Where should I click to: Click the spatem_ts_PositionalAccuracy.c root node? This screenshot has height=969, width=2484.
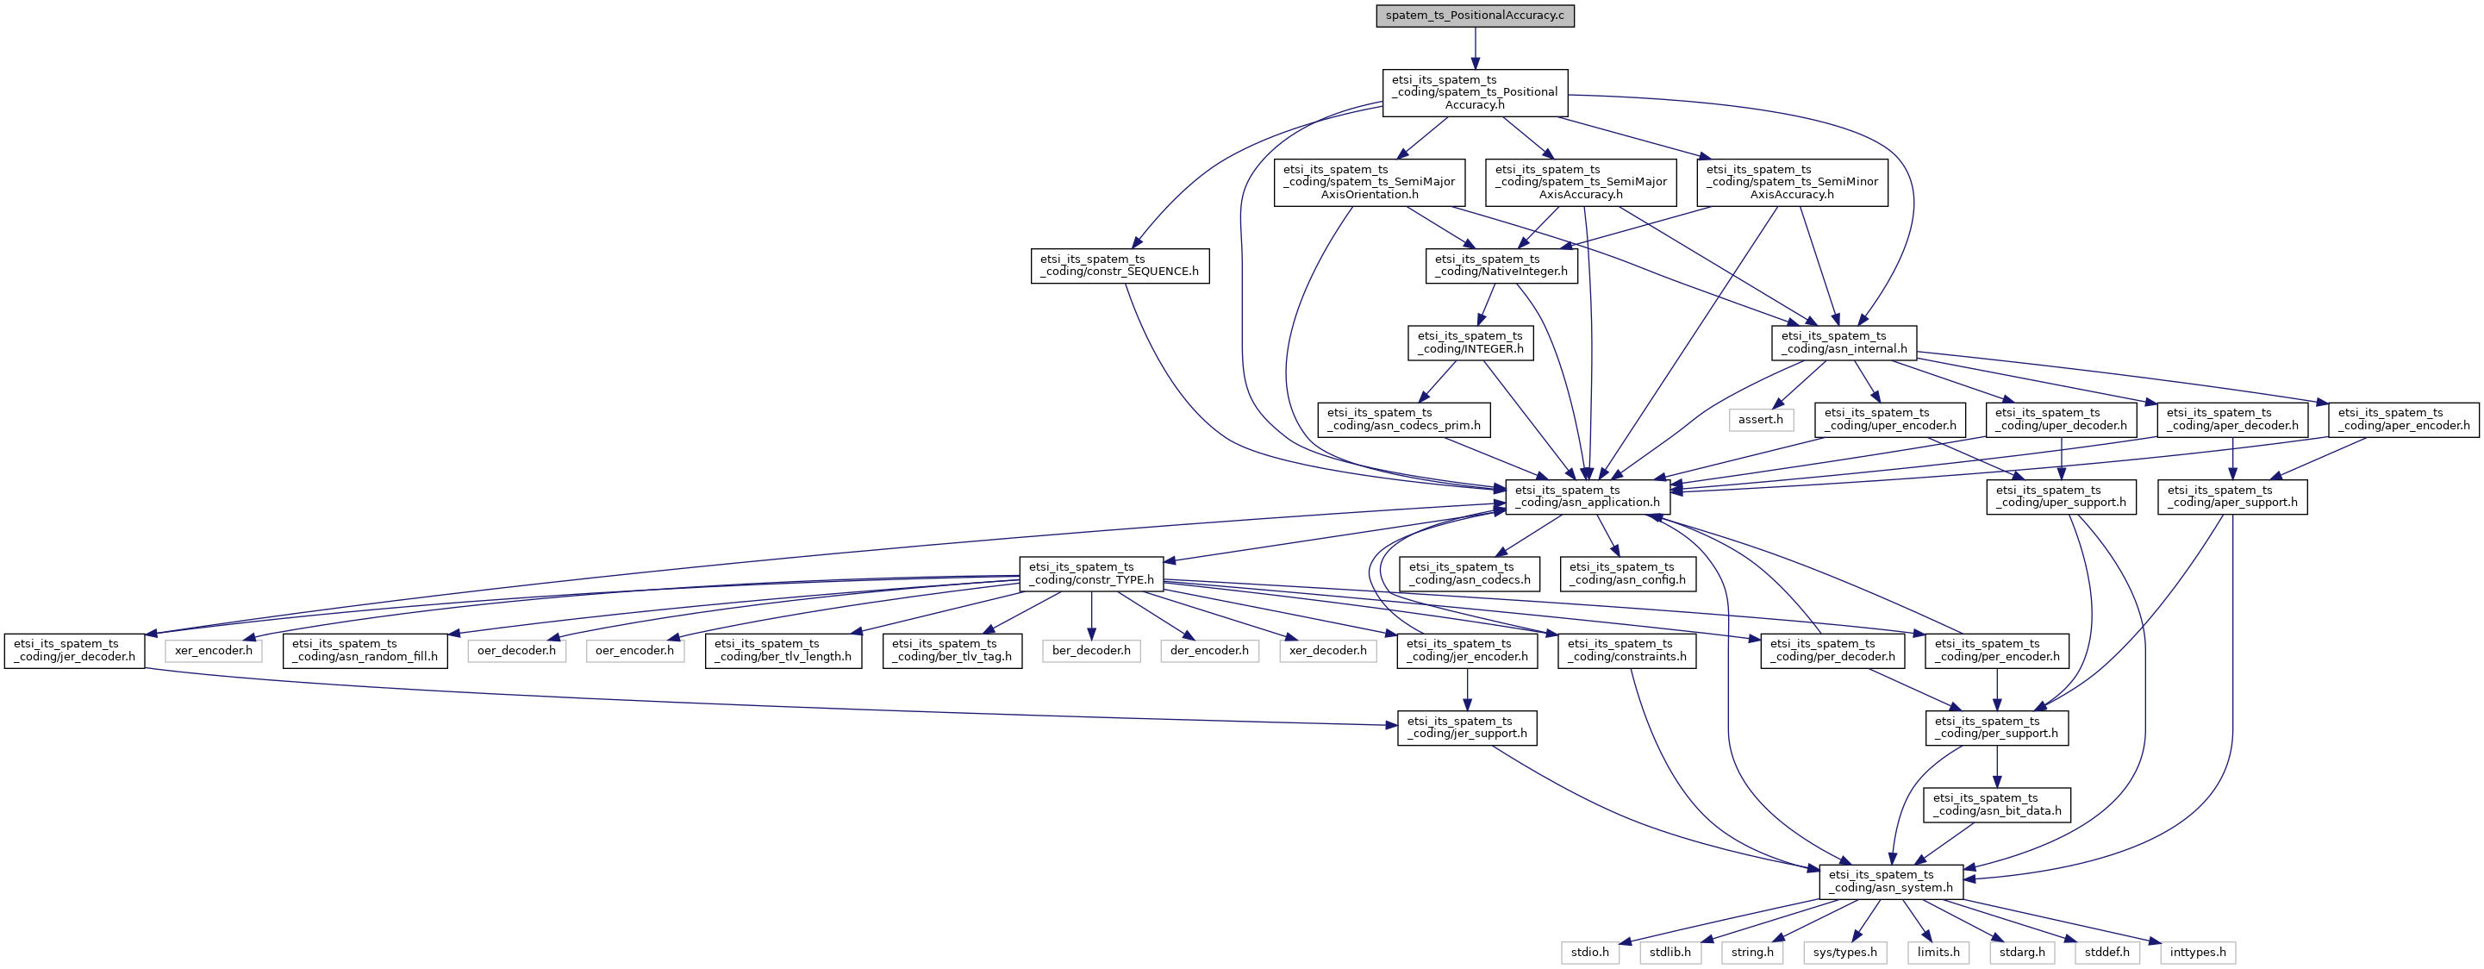1475,16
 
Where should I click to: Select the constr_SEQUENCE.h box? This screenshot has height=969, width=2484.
1119,266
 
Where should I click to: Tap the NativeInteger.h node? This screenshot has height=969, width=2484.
1501,266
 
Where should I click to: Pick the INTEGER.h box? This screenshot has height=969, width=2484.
1470,342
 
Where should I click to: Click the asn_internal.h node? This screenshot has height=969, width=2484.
1844,342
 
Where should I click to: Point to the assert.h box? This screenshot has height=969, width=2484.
1761,420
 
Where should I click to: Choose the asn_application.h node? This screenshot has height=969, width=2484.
1588,496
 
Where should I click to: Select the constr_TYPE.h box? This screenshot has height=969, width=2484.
1091,572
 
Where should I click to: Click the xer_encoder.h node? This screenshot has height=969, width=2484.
213,650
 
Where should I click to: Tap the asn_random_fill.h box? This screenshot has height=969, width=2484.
365,650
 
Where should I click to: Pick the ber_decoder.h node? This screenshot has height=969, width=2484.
1090,650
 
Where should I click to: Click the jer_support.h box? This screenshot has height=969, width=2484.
1467,727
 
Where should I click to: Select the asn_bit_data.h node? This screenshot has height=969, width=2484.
1997,804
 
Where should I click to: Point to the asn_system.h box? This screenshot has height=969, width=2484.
1891,881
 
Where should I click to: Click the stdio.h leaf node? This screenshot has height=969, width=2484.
1589,952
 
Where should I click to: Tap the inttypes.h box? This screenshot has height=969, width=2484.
2198,952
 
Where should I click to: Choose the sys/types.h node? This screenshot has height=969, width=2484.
1844,952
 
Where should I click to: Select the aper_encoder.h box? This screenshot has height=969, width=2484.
2403,420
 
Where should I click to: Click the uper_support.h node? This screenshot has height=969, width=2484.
2061,496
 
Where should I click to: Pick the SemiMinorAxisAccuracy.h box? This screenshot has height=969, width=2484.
1792,182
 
